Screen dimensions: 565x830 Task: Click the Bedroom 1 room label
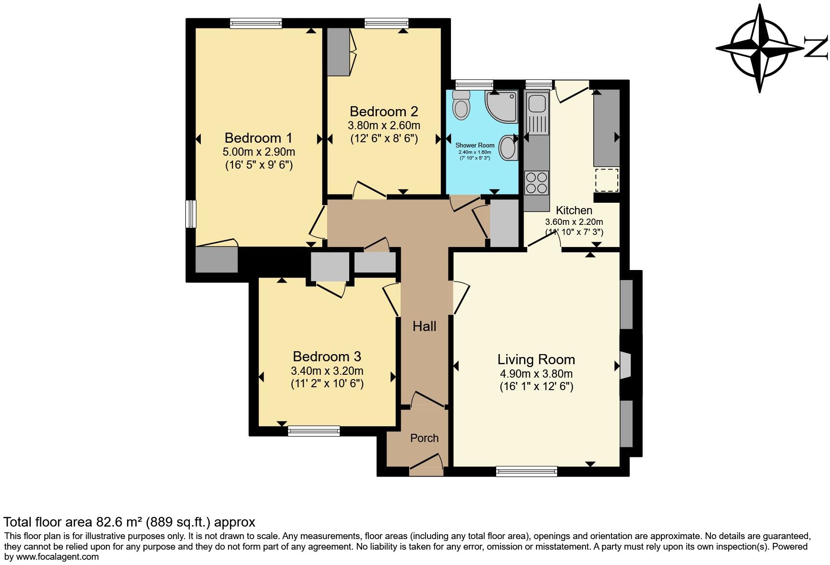point(258,138)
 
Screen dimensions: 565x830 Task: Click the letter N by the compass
point(816,48)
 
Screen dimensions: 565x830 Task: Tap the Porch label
point(424,438)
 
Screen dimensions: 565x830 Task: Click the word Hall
point(424,327)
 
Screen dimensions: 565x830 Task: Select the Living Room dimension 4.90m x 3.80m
point(536,374)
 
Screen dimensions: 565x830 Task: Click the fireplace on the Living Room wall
point(626,366)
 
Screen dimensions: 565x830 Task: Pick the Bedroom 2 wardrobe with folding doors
point(339,52)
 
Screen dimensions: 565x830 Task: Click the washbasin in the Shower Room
point(508,147)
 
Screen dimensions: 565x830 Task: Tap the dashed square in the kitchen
point(607,179)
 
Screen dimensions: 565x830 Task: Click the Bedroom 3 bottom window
point(314,431)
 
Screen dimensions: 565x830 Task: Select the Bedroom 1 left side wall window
point(191,214)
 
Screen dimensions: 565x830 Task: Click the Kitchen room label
point(574,210)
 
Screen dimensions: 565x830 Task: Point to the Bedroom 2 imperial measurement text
point(384,139)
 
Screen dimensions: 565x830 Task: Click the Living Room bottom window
point(526,471)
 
